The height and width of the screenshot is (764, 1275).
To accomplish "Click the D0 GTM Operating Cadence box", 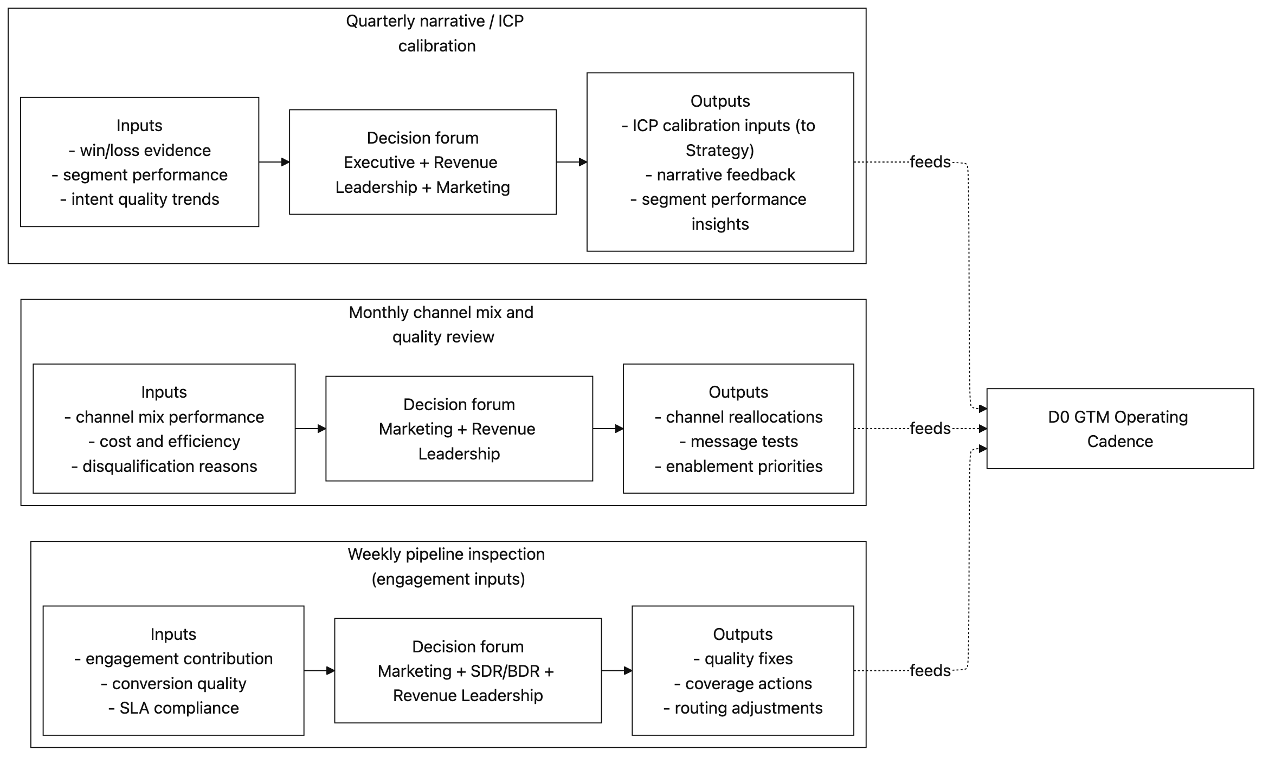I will point(1119,429).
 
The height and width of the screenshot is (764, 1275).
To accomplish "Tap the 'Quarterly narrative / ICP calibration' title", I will point(435,33).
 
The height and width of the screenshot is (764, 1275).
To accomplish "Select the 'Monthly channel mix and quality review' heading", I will point(441,324).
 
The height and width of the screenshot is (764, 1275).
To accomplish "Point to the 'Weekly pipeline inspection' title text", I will point(446,554).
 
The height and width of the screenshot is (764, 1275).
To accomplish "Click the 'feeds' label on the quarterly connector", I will point(930,162).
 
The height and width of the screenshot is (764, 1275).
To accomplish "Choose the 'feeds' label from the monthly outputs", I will point(930,429).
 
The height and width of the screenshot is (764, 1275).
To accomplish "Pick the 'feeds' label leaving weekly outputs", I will point(930,671).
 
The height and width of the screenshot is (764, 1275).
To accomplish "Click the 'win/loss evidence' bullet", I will point(140,150).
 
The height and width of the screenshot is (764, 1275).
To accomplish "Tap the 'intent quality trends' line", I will point(140,199).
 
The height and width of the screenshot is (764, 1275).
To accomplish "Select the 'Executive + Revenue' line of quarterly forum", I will point(421,162).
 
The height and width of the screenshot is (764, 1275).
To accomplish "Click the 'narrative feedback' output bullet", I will point(720,174).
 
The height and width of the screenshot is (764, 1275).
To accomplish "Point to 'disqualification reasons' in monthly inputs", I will point(164,466).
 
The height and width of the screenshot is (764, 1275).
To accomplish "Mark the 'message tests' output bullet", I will point(738,442).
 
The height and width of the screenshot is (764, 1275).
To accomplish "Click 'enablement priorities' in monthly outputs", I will point(738,466).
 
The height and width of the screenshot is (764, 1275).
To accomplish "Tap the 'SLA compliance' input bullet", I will point(173,708).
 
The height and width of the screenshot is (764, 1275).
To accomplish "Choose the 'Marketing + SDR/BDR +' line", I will point(466,671).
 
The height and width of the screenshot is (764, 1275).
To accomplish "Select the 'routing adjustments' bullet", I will point(743,708).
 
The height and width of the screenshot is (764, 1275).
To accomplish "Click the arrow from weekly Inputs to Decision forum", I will point(319,671).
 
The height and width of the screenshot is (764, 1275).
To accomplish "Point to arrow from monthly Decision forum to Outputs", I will point(608,429).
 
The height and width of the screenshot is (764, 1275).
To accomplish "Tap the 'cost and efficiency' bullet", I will point(164,442).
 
